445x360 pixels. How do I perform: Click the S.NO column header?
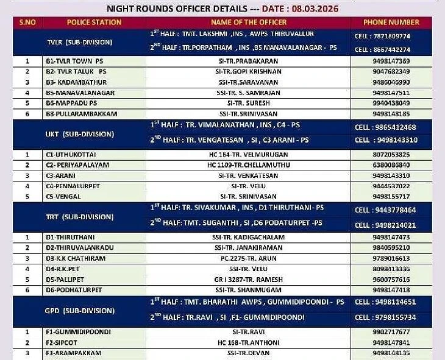(x=27, y=23)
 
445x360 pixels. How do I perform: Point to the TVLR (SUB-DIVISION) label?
(x=79, y=43)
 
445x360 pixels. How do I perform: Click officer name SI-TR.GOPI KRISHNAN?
(x=248, y=71)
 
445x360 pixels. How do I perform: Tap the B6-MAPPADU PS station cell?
(x=71, y=103)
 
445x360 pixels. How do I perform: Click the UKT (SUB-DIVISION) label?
(x=79, y=133)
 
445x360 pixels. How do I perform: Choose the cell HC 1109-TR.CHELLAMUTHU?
(x=248, y=165)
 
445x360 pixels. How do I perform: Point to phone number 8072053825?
(x=391, y=155)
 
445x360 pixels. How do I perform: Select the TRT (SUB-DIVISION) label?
(x=79, y=216)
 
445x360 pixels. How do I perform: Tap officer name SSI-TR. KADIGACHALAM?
(x=248, y=237)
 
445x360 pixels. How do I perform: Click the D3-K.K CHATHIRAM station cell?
(x=76, y=258)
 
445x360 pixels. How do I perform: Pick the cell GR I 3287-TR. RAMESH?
(x=248, y=279)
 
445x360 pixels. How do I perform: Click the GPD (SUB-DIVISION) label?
(x=79, y=309)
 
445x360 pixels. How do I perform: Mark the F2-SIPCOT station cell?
(x=65, y=342)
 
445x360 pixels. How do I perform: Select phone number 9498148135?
(x=391, y=353)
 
